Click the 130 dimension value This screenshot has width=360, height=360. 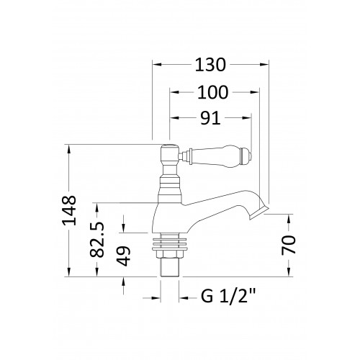tap(210, 65)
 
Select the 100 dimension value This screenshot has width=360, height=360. tap(212, 92)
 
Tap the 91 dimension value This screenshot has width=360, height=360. tap(210, 118)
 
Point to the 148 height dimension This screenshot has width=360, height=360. tap(70, 210)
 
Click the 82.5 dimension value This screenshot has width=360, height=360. tap(97, 240)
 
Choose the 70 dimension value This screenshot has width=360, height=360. tap(289, 245)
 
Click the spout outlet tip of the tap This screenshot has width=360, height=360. tap(258, 213)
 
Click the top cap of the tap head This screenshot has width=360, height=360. tap(169, 146)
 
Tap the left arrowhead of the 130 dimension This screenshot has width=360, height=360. tap(156, 64)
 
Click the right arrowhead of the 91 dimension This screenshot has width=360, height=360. tap(247, 117)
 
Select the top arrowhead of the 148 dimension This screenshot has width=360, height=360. tap(69, 149)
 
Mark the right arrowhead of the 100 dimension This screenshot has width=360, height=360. tap(255, 92)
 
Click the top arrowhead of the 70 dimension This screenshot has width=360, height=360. tap(289, 218)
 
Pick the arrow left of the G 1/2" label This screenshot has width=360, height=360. tap(151, 298)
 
